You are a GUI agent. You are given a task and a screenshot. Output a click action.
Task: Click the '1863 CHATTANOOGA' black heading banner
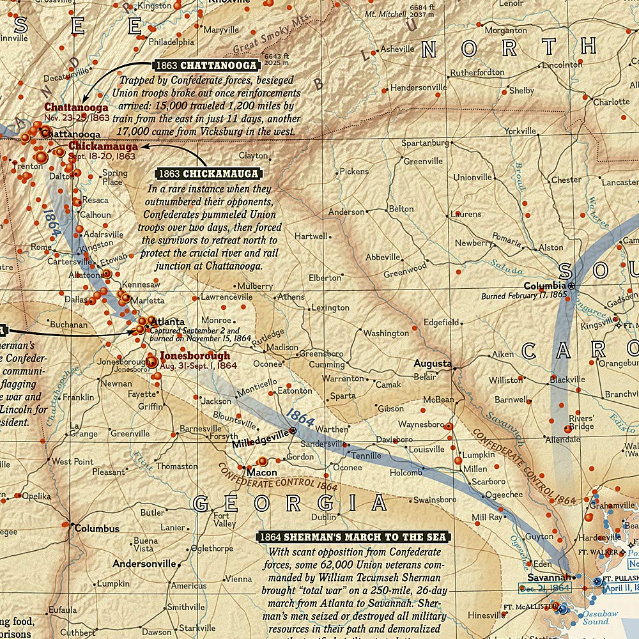tap(206, 65)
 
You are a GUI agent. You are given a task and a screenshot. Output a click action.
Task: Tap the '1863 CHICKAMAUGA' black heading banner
tap(208, 173)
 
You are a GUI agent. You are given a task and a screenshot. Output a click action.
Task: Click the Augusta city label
tap(432, 363)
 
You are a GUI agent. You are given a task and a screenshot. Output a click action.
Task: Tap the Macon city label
tap(261, 472)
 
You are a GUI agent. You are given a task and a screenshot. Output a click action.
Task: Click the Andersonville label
tap(144, 564)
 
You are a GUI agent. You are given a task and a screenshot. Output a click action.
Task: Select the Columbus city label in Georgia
tap(96, 528)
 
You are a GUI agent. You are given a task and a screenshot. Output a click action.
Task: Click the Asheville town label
tap(397, 49)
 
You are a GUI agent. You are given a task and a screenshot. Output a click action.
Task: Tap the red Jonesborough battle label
tap(194, 355)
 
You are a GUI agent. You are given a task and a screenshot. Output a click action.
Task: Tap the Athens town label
tap(291, 297)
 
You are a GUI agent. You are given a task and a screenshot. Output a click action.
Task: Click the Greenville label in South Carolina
tap(422, 161)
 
